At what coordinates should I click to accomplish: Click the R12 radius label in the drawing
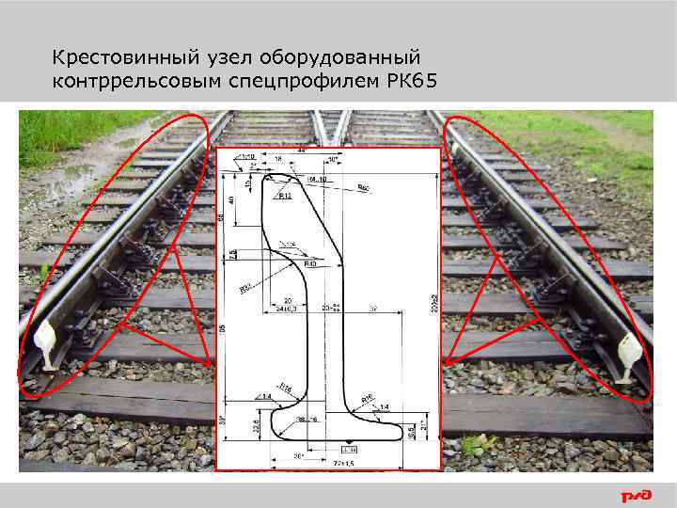(285, 198)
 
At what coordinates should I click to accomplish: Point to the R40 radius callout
(309, 263)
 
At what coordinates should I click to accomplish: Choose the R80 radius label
(364, 188)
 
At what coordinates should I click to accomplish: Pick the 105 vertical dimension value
(222, 328)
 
